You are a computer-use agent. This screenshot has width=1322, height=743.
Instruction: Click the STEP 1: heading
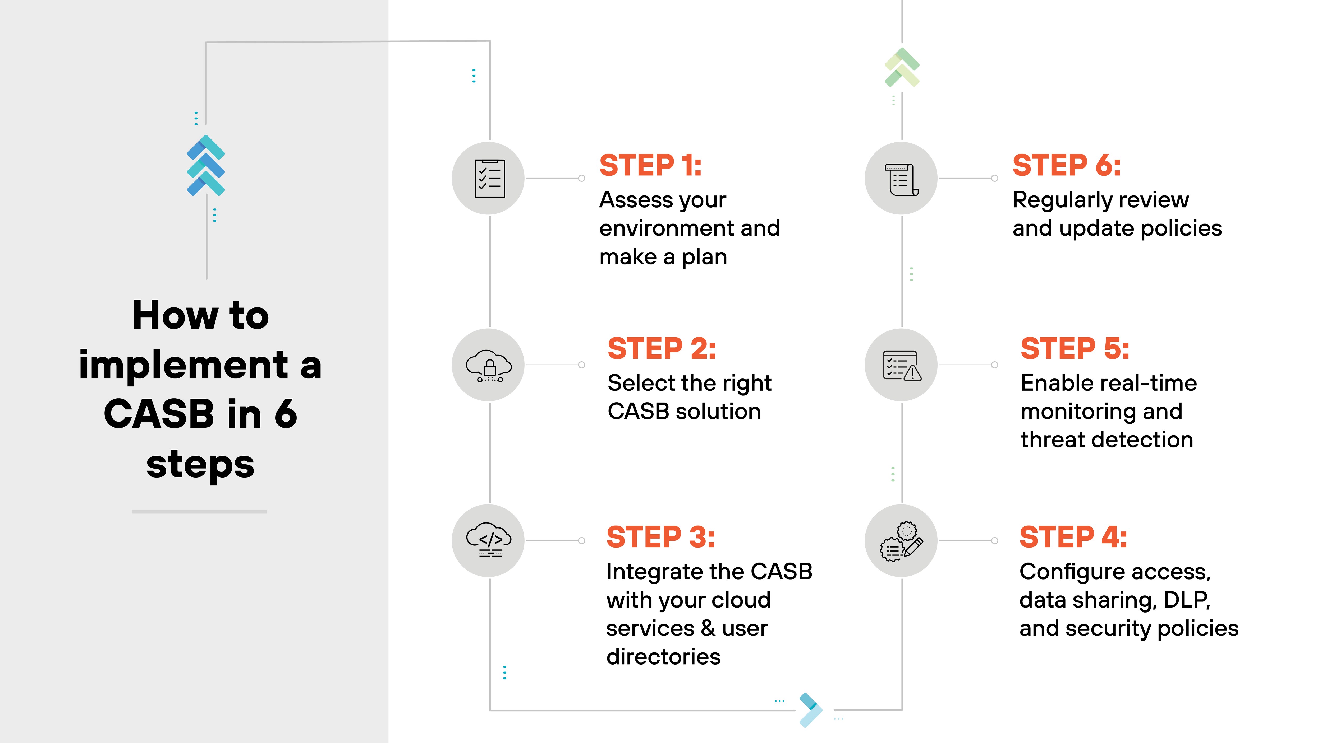650,166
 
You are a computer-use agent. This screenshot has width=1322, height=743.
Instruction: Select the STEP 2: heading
662,349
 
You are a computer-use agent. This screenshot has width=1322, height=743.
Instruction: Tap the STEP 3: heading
660,538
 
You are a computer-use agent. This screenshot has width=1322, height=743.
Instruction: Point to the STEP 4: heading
1073,538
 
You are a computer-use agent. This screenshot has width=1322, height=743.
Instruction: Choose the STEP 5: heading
1075,349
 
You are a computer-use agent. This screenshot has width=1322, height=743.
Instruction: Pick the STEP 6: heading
1066,166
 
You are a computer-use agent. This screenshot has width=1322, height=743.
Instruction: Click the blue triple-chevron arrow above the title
206,166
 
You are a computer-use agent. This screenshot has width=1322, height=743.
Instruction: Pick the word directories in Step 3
663,657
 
